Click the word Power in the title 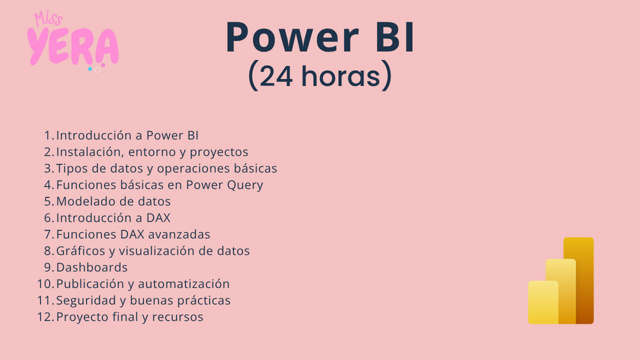[292, 38]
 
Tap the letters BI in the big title [395, 37]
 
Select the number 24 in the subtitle [276, 76]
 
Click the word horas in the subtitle [341, 75]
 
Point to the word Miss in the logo [48, 18]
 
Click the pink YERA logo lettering [73, 47]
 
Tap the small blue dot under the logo [90, 69]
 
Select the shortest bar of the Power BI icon [543, 303]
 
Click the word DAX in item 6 [159, 218]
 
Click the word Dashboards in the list [92, 268]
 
